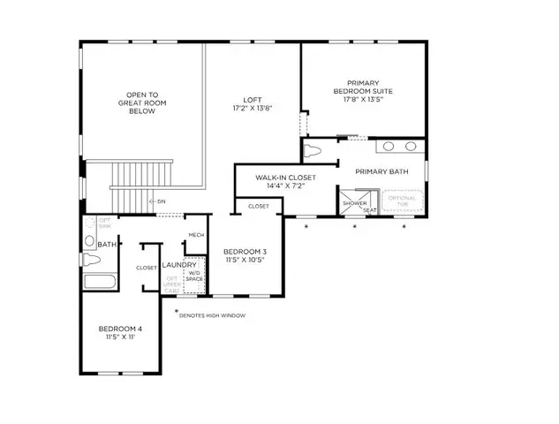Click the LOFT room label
[x=252, y=100]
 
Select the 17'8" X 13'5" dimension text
[x=362, y=101]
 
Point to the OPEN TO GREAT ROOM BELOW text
[x=142, y=102]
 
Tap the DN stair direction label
[x=160, y=202]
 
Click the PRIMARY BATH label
[x=381, y=171]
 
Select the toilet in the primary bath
[x=311, y=151]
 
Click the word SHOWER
[x=355, y=202]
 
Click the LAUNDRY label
[x=179, y=264]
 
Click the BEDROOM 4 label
[x=120, y=329]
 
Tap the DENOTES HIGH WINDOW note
[x=212, y=314]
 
